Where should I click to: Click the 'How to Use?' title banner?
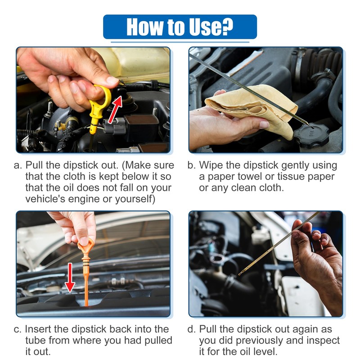click(x=180, y=27)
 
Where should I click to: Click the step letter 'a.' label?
click(x=18, y=165)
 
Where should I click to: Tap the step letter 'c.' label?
click(x=18, y=329)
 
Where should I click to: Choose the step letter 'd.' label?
click(x=192, y=329)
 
